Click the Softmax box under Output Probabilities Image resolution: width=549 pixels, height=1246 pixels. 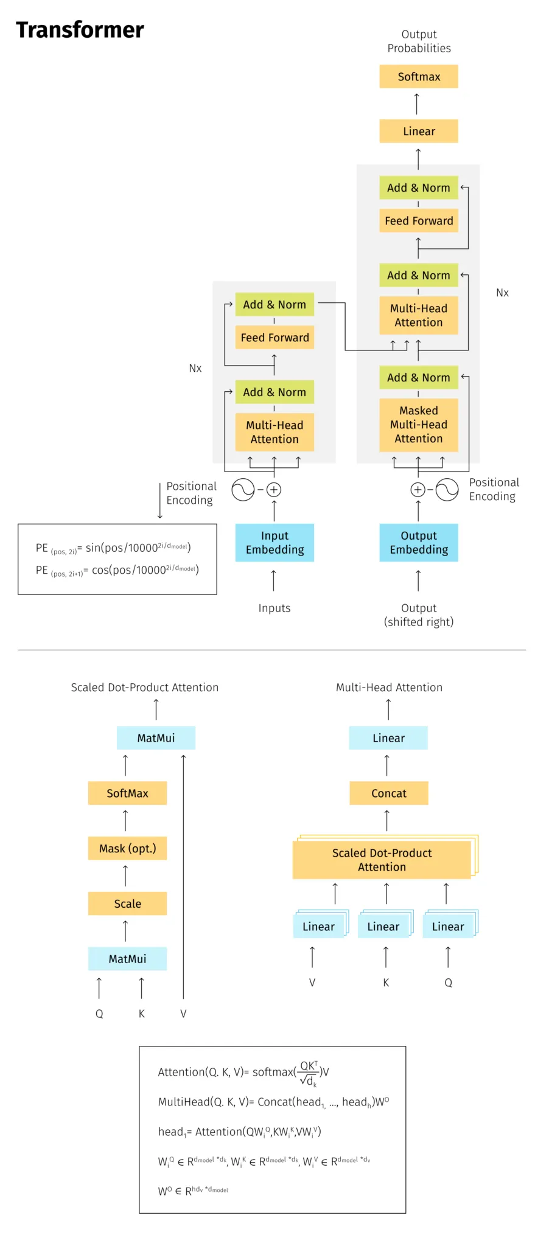[419, 77]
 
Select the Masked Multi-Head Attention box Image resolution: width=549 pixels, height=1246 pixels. [419, 425]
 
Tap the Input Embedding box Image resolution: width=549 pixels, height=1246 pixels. [274, 543]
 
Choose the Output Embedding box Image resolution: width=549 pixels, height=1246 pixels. [419, 543]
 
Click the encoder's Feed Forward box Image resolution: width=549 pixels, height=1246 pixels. [274, 338]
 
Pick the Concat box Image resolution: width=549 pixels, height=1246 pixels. [389, 793]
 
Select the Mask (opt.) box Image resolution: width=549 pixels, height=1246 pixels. [127, 849]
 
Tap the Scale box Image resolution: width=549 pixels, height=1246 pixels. [127, 904]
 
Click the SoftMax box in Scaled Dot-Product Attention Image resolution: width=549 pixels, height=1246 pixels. [127, 793]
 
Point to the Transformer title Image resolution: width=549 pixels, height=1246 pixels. [80, 30]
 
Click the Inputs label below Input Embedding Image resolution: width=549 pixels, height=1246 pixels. [274, 608]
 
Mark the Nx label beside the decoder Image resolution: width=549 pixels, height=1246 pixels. [502, 293]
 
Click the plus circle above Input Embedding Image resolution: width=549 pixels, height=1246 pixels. [274, 490]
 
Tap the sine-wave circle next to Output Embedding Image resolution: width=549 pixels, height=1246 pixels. [447, 490]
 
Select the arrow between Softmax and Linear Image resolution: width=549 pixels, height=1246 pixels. [417, 104]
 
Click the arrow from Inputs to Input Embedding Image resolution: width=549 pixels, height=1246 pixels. [274, 580]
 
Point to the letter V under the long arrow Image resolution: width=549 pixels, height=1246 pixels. [183, 1014]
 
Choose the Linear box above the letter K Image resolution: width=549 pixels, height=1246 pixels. [383, 927]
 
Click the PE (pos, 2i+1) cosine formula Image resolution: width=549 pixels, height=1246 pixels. [117, 570]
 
